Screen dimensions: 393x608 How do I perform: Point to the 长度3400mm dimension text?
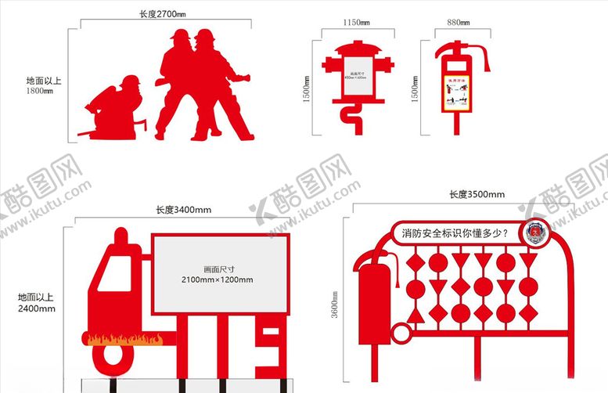pyautogui.click(x=182, y=210)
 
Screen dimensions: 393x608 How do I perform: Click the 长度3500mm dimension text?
pyautogui.click(x=476, y=194)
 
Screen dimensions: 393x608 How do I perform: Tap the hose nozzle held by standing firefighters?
pyautogui.click(x=243, y=78)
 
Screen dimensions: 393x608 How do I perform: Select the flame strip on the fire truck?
pyautogui.click(x=126, y=340)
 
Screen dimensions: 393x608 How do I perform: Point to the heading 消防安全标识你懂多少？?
pyautogui.click(x=455, y=233)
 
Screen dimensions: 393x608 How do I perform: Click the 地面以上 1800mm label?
pyautogui.click(x=39, y=85)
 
